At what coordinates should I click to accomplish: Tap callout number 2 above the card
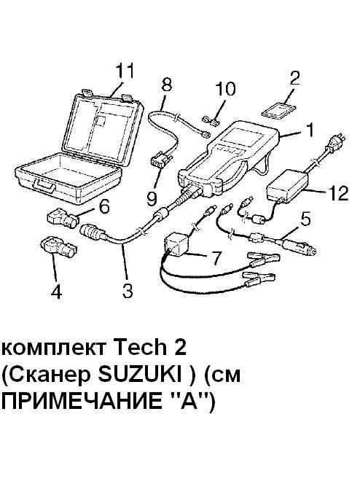pyautogui.click(x=294, y=79)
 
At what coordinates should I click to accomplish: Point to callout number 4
pyautogui.click(x=56, y=292)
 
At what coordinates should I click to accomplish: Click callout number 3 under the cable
pyautogui.click(x=128, y=291)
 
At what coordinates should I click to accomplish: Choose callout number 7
pyautogui.click(x=216, y=257)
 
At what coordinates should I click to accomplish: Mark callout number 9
pyautogui.click(x=152, y=198)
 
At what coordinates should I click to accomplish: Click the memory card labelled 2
pyautogui.click(x=279, y=111)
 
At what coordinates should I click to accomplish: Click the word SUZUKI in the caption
pyautogui.click(x=139, y=375)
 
